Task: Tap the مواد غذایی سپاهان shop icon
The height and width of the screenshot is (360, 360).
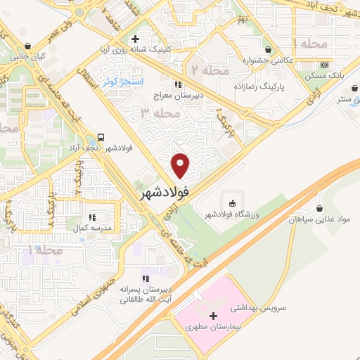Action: pyautogui.click(x=321, y=208)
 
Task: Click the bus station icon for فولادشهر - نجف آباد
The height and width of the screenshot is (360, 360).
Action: pyautogui.click(x=102, y=137)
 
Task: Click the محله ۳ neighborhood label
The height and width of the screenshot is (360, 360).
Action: pyautogui.click(x=156, y=112)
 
